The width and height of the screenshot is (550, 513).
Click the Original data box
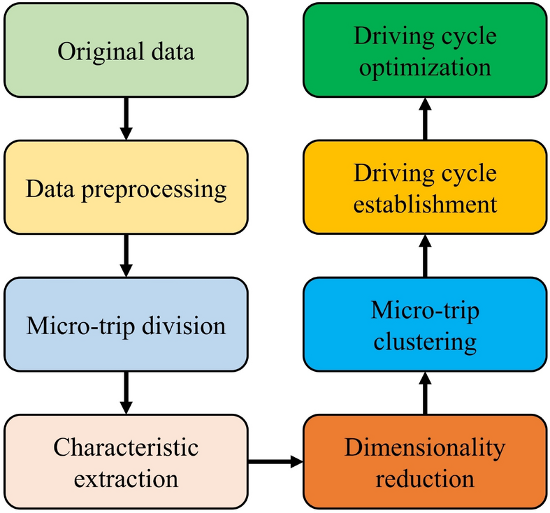tap(126, 52)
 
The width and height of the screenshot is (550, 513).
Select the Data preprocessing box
tap(126, 188)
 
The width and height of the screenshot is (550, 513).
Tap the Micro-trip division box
tap(126, 324)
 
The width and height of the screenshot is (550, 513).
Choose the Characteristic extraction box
tap(126, 462)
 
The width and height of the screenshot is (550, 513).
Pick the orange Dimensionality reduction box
tap(424, 462)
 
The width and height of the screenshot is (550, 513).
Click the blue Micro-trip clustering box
tap(424, 324)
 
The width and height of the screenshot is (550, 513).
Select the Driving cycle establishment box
tap(424, 188)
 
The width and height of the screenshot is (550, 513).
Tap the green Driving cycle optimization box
tap(424, 52)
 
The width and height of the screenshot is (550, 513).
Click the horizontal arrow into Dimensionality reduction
tap(275, 461)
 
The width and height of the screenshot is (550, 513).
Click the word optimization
tap(424, 68)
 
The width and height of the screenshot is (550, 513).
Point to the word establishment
tap(424, 205)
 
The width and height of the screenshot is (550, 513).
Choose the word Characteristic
tap(126, 446)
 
